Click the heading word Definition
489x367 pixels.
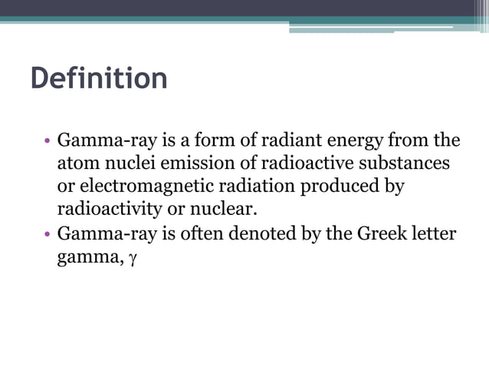click(98, 79)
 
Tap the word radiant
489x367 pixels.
click(294, 141)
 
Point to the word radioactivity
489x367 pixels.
click(110, 210)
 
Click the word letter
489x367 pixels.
click(435, 233)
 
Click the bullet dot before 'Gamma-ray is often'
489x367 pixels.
click(48, 233)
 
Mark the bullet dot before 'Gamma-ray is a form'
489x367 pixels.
click(48, 142)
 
